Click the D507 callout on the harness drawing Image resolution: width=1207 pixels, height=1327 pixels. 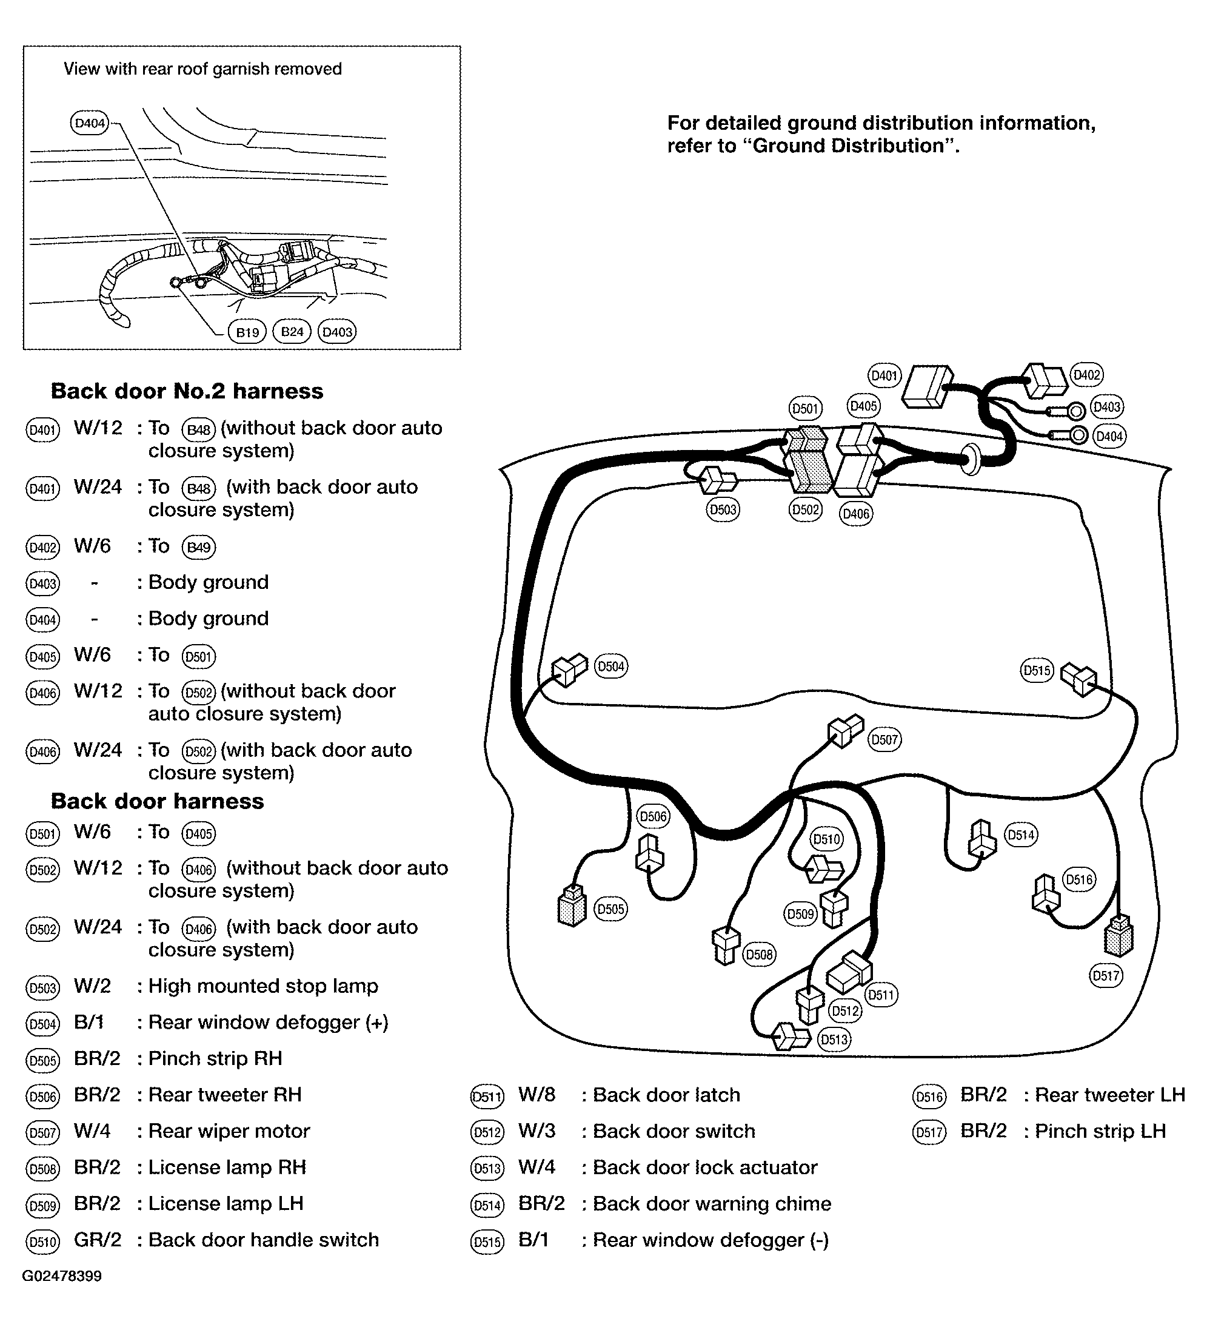pyautogui.click(x=884, y=739)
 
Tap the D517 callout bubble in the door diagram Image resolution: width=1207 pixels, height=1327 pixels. pyautogui.click(x=1106, y=975)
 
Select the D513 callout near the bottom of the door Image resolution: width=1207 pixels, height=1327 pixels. pyautogui.click(x=834, y=1040)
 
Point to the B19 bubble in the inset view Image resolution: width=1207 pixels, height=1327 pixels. pyautogui.click(x=247, y=332)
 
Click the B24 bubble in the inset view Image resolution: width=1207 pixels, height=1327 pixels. pyautogui.click(x=292, y=331)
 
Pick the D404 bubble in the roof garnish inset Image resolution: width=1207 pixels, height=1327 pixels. pyautogui.click(x=89, y=123)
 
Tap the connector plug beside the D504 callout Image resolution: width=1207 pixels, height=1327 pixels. pyautogui.click(x=569, y=670)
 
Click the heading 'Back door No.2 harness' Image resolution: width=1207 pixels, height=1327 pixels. pyautogui.click(x=187, y=391)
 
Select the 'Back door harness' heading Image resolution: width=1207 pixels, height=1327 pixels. pyautogui.click(x=157, y=801)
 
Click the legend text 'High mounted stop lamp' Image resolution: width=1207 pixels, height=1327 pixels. pyautogui.click(x=263, y=986)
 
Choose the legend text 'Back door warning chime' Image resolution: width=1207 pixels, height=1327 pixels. pyautogui.click(x=712, y=1203)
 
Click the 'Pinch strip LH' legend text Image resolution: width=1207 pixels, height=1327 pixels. pyautogui.click(x=1100, y=1131)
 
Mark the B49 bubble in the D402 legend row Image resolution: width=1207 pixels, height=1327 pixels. pyautogui.click(x=199, y=547)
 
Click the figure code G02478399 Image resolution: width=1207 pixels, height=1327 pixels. pyautogui.click(x=62, y=1276)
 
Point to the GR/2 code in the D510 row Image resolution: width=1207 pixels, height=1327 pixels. pyautogui.click(x=98, y=1240)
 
